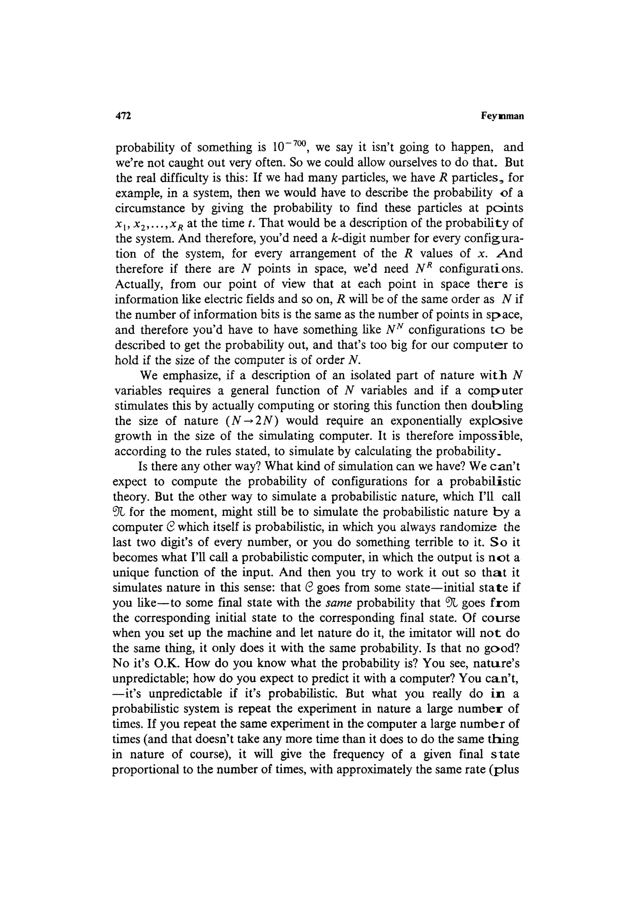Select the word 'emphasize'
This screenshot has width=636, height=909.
point(194,375)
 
